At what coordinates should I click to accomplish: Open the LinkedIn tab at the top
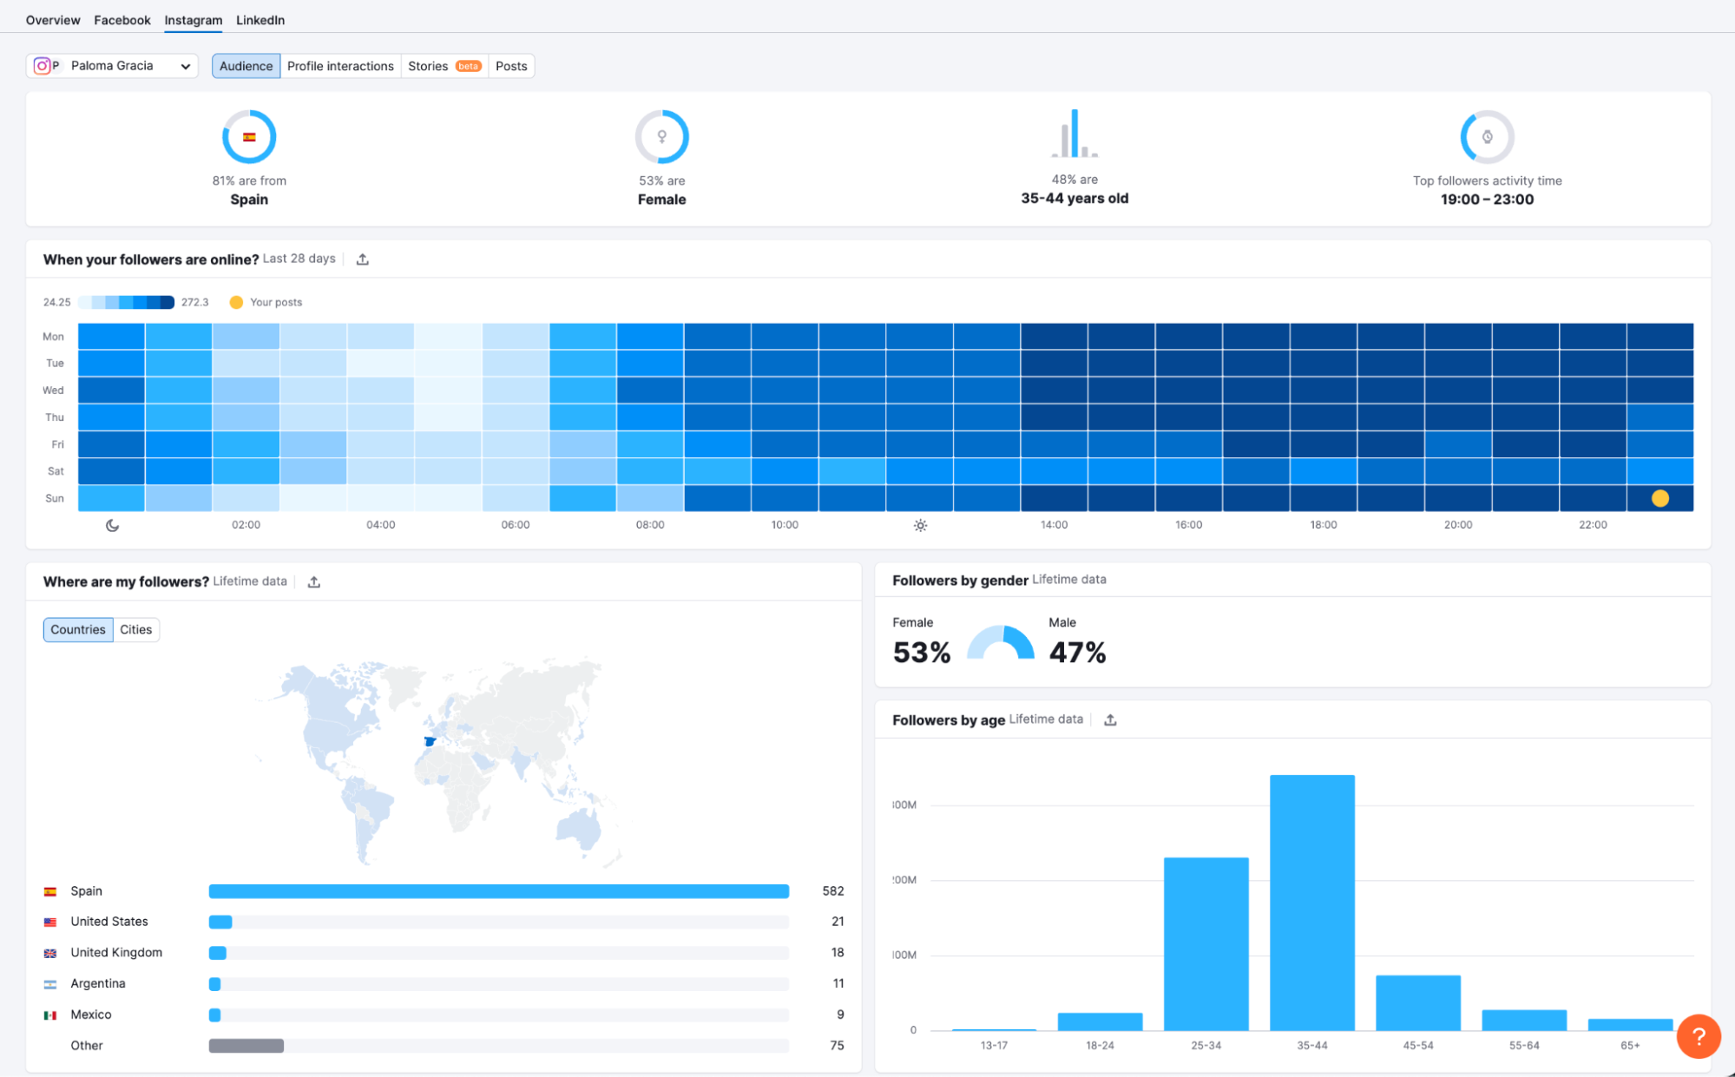(x=260, y=20)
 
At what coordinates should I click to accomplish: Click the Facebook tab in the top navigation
(x=122, y=20)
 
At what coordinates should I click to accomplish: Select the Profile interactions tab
(x=340, y=66)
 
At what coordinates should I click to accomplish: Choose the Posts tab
(x=511, y=66)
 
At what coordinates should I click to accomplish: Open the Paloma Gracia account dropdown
(x=113, y=66)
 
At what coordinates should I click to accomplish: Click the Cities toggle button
(x=135, y=629)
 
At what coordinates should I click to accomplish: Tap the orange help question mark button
(x=1699, y=1036)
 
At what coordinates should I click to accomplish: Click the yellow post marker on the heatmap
(x=1659, y=498)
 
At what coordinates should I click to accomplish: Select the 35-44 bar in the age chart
(x=1311, y=903)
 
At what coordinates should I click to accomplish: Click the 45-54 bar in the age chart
(x=1417, y=1002)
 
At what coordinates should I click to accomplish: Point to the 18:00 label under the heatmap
(x=1323, y=525)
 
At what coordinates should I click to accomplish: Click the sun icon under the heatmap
(x=920, y=525)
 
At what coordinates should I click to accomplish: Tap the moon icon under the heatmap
(x=112, y=525)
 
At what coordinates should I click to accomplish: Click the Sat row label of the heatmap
(x=56, y=471)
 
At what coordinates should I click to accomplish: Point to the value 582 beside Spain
(x=832, y=891)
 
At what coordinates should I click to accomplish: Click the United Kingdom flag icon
(x=50, y=953)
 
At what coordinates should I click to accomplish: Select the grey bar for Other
(x=246, y=1046)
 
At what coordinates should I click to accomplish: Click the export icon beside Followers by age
(x=1110, y=719)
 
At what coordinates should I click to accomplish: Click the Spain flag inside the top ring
(x=249, y=137)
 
